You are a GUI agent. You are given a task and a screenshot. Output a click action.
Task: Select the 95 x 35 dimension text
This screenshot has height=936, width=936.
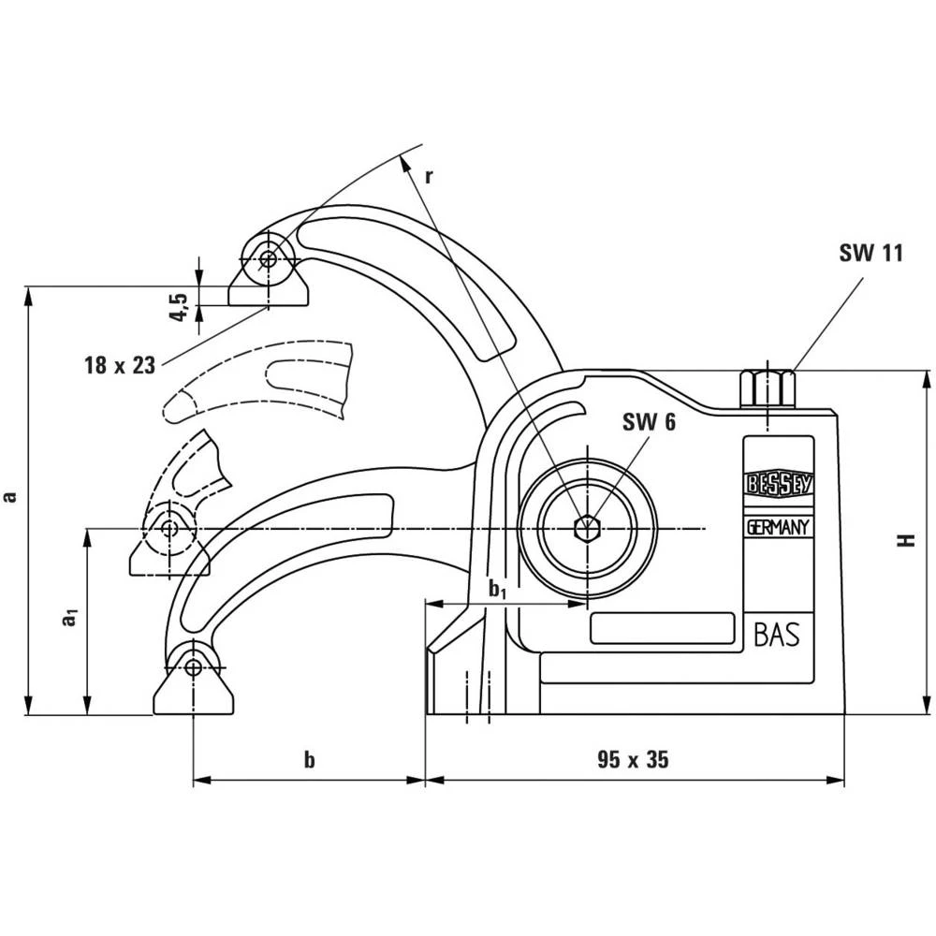click(x=633, y=759)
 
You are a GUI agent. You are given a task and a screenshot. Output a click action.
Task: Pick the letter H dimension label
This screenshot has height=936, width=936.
click(x=905, y=540)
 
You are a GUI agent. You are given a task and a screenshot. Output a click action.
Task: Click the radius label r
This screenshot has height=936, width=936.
click(x=429, y=175)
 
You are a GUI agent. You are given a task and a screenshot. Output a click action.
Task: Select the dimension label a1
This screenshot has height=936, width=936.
click(x=67, y=619)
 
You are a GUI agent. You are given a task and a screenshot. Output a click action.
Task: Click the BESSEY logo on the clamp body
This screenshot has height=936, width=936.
click(x=778, y=484)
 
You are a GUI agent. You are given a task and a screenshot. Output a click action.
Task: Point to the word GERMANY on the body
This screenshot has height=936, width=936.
click(x=778, y=528)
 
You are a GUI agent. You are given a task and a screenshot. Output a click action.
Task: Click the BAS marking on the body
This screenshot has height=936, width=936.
click(x=776, y=636)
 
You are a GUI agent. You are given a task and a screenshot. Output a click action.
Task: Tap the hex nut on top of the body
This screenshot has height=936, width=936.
click(x=767, y=388)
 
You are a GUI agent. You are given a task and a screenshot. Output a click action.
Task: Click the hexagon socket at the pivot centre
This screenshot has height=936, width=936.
click(x=587, y=529)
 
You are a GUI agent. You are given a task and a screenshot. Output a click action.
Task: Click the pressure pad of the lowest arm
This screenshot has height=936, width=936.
click(x=193, y=693)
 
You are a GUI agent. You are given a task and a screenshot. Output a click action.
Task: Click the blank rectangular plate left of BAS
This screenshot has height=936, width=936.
click(x=662, y=627)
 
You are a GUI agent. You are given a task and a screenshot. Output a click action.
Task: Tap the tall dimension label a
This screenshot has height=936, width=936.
click(x=10, y=497)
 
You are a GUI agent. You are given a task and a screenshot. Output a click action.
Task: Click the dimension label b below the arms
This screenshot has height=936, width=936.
click(x=309, y=760)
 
